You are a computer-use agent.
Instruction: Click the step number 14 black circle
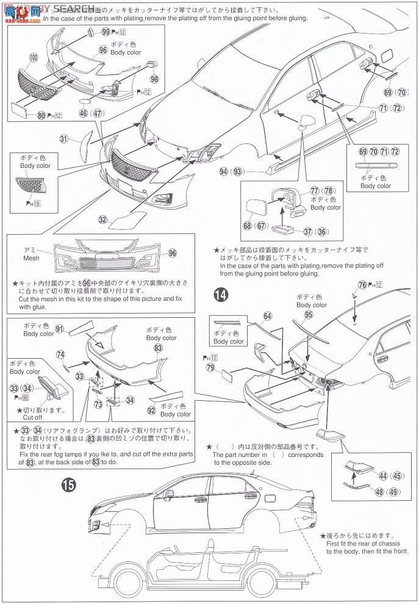[x=222, y=295]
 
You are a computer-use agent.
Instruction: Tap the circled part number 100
[x=32, y=59]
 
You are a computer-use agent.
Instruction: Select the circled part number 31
[x=63, y=139]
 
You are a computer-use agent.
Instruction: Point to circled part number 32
[x=103, y=219]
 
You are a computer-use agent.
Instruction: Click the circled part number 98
[x=154, y=79]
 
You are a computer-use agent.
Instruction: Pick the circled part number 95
[x=309, y=315]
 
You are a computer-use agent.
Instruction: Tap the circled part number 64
[x=267, y=316]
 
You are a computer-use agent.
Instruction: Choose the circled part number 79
[x=210, y=368]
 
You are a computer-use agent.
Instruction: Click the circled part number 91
[x=60, y=329]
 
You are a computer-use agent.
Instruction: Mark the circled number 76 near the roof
[x=362, y=286]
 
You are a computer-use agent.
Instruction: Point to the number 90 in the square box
[x=37, y=396]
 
